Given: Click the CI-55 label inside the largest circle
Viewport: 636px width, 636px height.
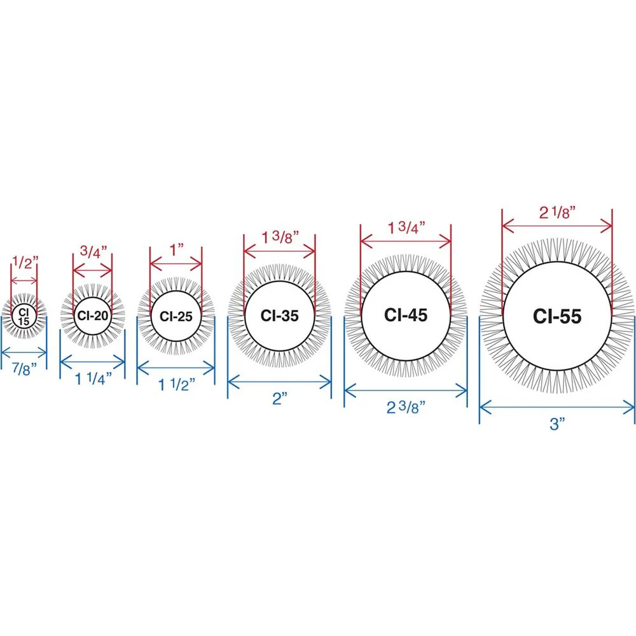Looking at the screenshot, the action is pos(557,316).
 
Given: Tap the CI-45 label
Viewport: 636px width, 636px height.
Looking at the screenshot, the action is pos(406,315).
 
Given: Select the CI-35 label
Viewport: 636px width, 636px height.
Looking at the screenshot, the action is pos(279,315).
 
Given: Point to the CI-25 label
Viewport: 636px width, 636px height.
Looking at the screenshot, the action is pos(176,316).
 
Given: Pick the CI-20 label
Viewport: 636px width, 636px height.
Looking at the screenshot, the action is pos(93,315).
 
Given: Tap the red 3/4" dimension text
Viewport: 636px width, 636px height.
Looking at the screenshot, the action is pos(93,251).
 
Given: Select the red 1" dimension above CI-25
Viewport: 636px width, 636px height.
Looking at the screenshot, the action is pos(176,250).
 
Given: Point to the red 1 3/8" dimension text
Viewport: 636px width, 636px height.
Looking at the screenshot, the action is pos(280,237).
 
